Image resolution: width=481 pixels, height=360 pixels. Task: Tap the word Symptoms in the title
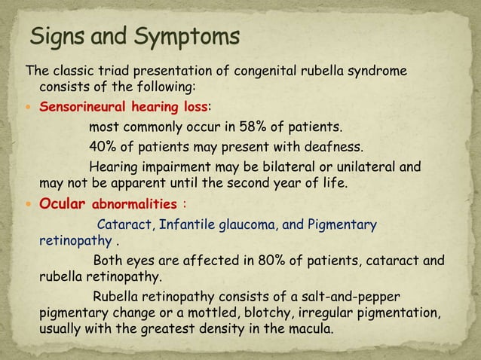coord(188,37)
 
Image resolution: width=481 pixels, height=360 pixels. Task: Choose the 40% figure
coord(104,145)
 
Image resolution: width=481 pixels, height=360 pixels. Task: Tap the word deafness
coord(312,145)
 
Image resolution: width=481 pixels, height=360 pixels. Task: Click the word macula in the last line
coord(313,330)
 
